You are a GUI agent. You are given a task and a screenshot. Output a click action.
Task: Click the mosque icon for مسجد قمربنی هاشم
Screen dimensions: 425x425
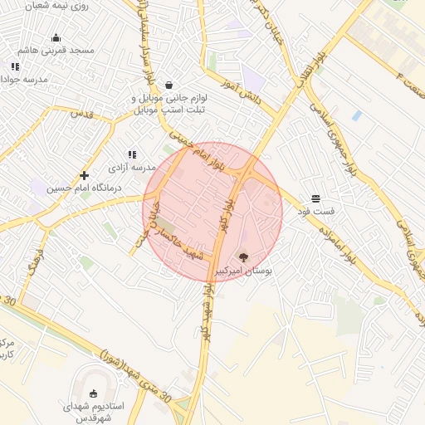click(56, 37)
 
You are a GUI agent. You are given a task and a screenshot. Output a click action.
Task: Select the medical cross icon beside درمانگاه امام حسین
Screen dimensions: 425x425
click(84, 175)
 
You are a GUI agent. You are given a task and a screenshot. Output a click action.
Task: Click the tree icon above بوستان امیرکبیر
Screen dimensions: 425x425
click(243, 257)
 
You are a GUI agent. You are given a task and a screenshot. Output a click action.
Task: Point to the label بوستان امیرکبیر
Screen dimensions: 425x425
click(244, 271)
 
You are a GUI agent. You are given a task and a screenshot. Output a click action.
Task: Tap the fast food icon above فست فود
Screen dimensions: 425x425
click(315, 198)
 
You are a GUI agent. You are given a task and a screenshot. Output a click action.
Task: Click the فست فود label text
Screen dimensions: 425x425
click(317, 212)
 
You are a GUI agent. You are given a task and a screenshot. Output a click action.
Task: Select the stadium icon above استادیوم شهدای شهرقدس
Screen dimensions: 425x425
click(94, 393)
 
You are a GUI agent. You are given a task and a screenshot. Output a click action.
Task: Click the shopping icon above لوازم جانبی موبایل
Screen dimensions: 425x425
click(169, 84)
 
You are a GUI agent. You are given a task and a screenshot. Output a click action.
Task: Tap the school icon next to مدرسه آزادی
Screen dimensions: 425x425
click(131, 154)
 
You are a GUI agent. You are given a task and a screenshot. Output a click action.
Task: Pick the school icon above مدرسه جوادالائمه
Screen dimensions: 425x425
click(15, 66)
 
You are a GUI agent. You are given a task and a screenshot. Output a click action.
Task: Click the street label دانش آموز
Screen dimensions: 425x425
click(241, 90)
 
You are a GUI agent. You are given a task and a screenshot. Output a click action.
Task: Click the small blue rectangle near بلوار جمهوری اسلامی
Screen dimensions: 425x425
click(356, 115)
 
